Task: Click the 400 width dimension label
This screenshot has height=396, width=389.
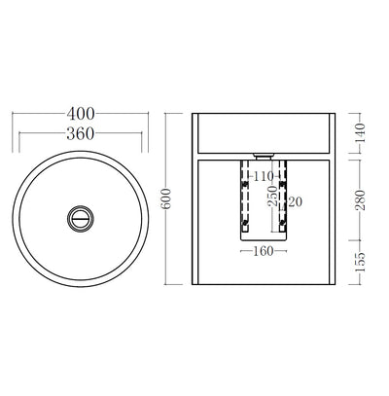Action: [81, 115]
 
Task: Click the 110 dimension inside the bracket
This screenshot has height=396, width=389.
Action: [262, 176]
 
